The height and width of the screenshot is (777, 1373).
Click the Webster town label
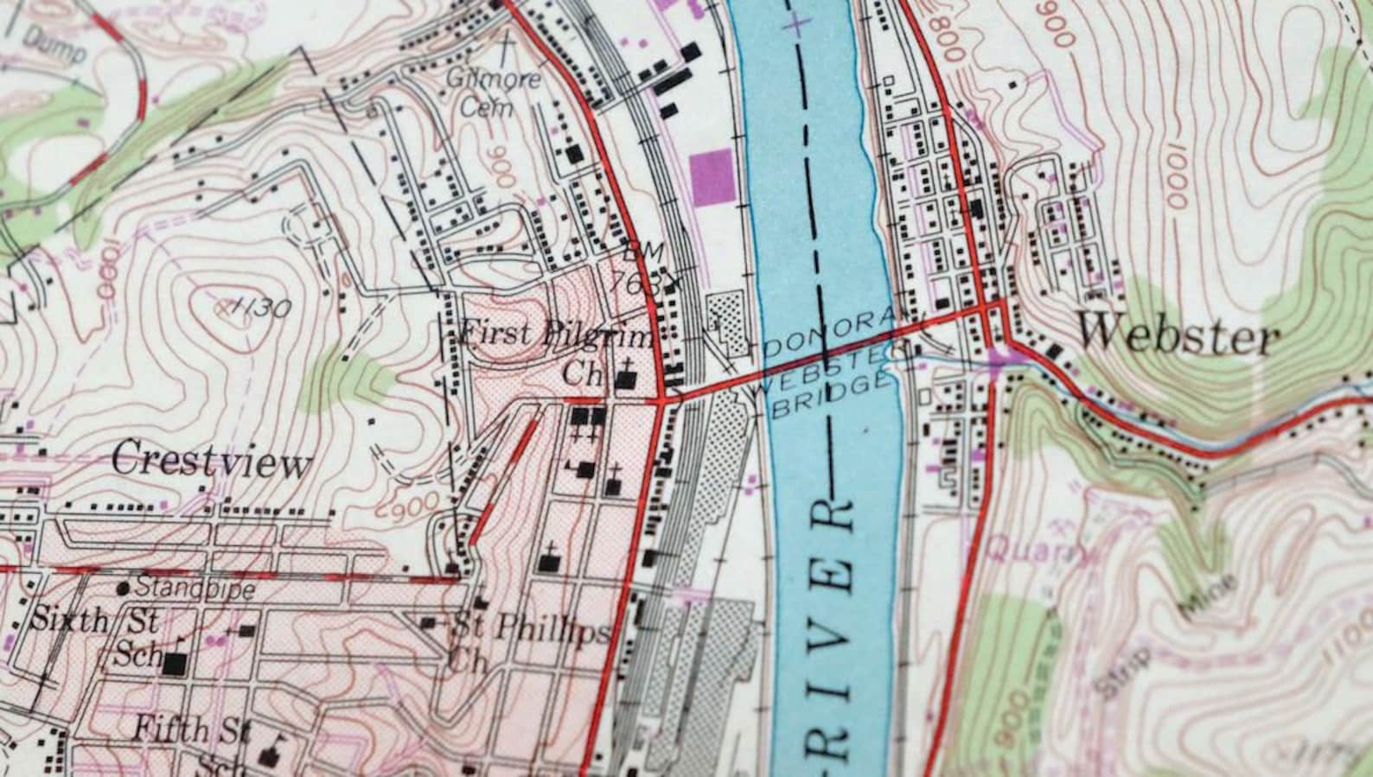tap(1178, 334)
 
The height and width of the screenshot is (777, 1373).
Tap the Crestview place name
tap(211, 460)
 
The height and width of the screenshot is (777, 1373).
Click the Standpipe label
tap(195, 589)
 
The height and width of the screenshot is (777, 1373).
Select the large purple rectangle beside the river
tap(712, 177)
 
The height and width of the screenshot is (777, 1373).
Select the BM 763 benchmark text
tap(639, 268)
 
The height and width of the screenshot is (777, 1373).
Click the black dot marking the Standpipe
tap(124, 589)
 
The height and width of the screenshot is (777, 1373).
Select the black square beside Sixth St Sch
tap(176, 664)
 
